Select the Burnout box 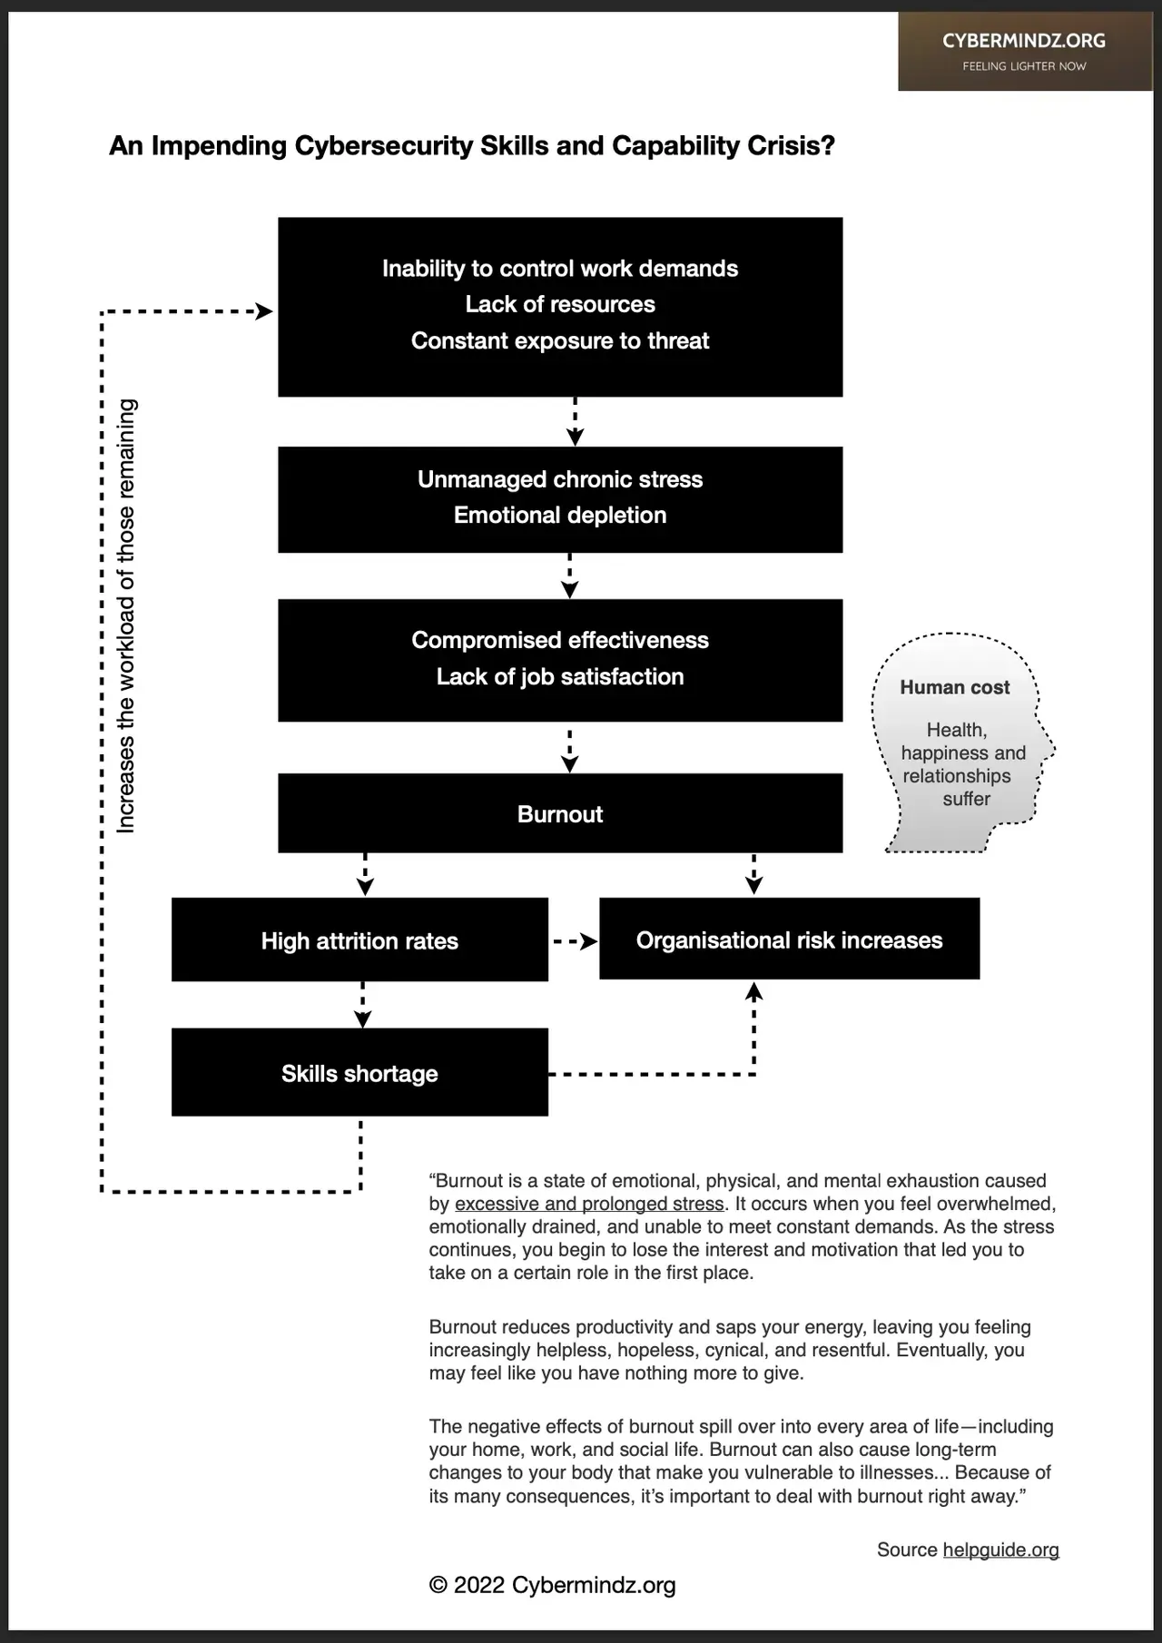tap(560, 813)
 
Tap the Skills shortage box tap(359, 1073)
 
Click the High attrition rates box tap(359, 940)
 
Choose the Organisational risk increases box tap(789, 940)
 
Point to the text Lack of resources tap(560, 304)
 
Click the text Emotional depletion tap(560, 515)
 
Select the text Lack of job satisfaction tap(560, 676)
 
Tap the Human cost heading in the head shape tap(954, 687)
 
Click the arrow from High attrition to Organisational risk tap(575, 941)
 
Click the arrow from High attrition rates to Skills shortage tap(362, 1005)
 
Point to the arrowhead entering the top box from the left tap(263, 311)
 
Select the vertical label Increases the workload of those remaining tap(126, 615)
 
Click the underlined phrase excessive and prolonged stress tap(589, 1204)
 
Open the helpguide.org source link tap(1000, 1550)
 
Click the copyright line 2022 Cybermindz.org tap(552, 1585)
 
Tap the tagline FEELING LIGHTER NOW tap(1024, 66)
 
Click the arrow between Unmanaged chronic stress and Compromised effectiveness tap(569, 576)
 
